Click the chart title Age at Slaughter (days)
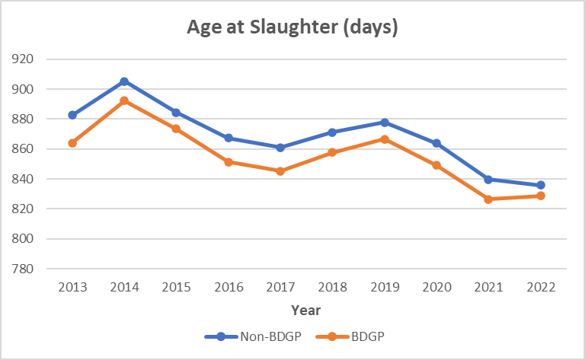coord(292,28)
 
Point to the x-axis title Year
coord(305,310)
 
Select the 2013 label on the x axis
coord(72,287)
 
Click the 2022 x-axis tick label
coord(540,287)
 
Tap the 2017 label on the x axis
coord(280,287)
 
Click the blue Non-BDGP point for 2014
coord(124,81)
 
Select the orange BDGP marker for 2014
coord(124,100)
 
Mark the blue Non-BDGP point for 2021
coord(488,180)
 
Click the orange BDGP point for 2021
coord(488,199)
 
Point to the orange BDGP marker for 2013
coord(72,143)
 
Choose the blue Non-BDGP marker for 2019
coord(385,123)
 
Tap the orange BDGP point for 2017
coord(280,171)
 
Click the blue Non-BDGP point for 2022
coord(540,185)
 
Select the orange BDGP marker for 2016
coord(229,162)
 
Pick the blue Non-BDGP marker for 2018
coord(332,132)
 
